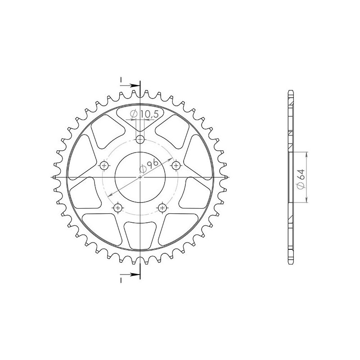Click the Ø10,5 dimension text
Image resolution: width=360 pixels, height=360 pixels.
point(144,114)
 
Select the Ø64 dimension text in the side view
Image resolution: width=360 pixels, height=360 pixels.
point(301,179)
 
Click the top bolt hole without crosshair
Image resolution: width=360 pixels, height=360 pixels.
point(140,139)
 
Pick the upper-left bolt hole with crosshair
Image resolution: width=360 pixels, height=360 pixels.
point(104,165)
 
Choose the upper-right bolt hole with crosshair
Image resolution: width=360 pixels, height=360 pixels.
point(176,165)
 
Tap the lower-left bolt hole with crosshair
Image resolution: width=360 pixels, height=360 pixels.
point(118,208)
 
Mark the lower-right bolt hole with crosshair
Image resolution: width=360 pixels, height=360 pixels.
point(162,208)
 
